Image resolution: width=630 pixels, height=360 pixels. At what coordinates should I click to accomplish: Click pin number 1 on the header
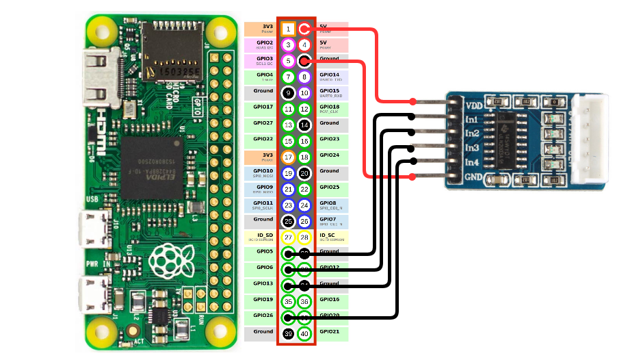pos(289,29)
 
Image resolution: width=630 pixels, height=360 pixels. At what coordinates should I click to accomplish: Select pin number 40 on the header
pos(304,334)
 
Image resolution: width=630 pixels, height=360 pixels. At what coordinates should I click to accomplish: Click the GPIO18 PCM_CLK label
pos(332,108)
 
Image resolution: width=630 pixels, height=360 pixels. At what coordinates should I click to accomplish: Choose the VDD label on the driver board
pos(473,106)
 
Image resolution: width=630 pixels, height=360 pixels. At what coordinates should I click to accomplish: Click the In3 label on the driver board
pos(472,148)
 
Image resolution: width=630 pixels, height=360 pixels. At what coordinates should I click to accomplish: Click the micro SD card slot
pos(171,57)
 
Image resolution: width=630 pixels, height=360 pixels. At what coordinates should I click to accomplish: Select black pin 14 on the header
pos(304,125)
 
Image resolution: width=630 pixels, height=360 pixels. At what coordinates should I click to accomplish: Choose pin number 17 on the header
pos(289,157)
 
